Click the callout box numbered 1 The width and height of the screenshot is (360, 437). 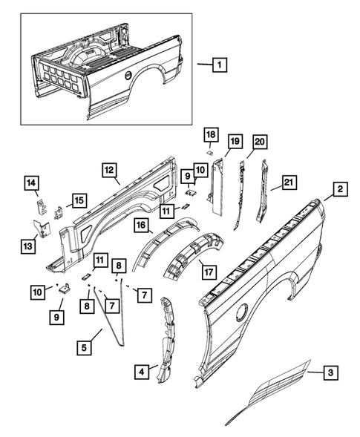tap(218, 65)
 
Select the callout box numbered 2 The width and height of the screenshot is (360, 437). tap(338, 191)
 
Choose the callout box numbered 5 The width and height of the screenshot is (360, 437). tap(86, 345)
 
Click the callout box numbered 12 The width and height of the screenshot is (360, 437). tap(109, 171)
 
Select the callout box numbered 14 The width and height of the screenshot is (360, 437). tap(32, 183)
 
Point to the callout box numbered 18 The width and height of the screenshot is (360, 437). tap(211, 134)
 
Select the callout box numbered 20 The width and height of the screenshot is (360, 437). tap(259, 142)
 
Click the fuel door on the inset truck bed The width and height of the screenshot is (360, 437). tap(127, 76)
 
